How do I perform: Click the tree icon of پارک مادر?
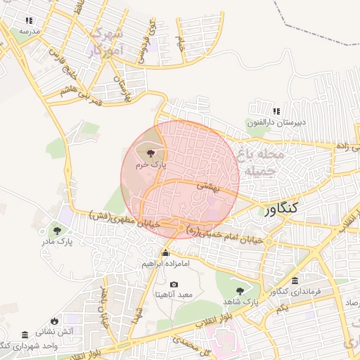(x=56, y=230)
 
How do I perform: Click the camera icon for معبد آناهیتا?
(x=174, y=284)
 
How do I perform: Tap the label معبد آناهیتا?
(x=174, y=295)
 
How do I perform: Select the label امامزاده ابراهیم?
(x=165, y=264)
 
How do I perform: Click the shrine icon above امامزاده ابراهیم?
(x=166, y=253)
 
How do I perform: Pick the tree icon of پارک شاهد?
(x=240, y=290)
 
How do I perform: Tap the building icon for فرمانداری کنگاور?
(x=294, y=280)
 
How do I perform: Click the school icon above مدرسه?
(x=29, y=21)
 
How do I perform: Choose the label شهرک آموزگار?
(x=108, y=42)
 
